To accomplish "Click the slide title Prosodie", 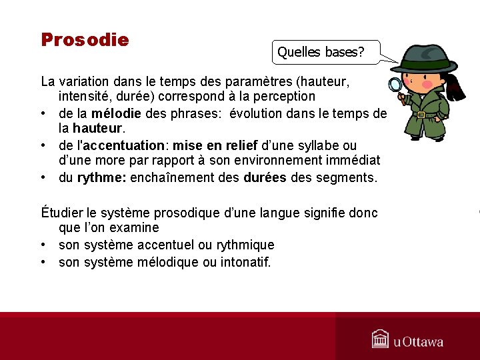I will click(x=85, y=40).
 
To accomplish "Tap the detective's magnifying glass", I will click(x=395, y=85).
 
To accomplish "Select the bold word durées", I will click(x=266, y=178).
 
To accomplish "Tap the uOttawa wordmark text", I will click(x=418, y=342).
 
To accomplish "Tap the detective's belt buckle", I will click(x=421, y=115).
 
